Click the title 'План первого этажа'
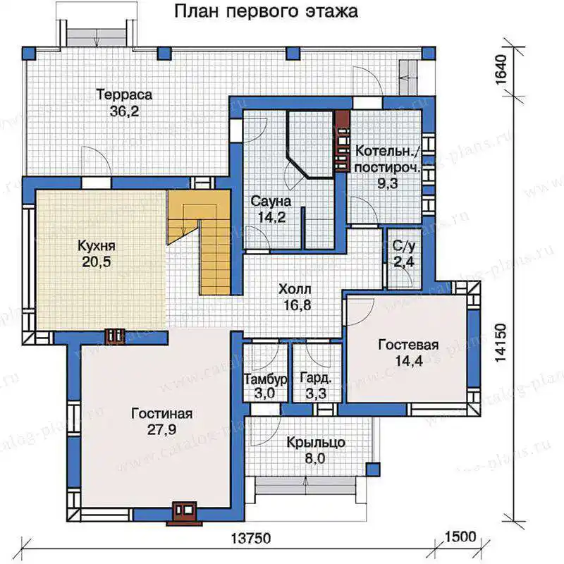point(266,11)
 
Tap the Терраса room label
point(124,94)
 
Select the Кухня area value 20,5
point(97,262)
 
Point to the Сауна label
point(271,201)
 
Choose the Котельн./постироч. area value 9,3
point(387,183)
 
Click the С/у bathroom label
point(403,246)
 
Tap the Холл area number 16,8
point(297,305)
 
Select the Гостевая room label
point(408,345)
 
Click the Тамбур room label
point(266,379)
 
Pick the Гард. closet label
point(315,378)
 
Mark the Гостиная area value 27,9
point(161,429)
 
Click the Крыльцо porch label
point(316,443)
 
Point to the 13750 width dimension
point(250,539)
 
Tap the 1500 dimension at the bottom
point(460,537)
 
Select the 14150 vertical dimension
point(501,343)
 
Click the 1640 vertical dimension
point(501,69)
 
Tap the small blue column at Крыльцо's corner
point(373,469)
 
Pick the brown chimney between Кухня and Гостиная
point(115,336)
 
